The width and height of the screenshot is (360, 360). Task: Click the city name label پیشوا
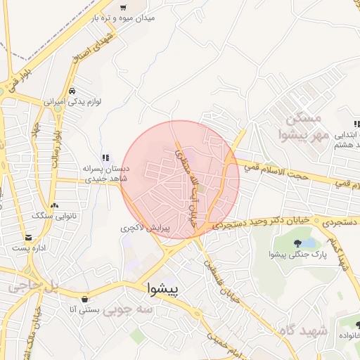tap(164, 288)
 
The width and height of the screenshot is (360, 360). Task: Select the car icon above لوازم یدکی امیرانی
tap(72, 91)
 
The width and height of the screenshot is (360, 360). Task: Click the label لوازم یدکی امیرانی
tap(73, 102)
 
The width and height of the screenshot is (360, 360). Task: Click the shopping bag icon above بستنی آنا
tap(85, 298)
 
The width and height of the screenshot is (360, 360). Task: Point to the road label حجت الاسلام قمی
tap(276, 172)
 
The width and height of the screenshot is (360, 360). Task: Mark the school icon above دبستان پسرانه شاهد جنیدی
tap(105, 158)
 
